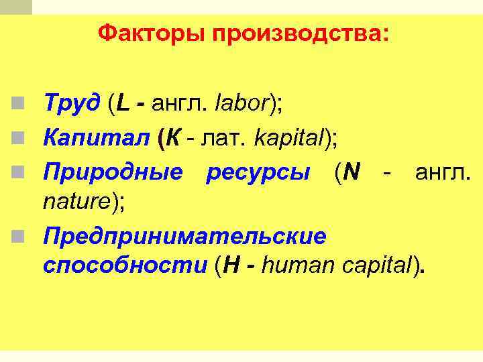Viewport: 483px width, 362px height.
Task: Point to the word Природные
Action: tap(113, 173)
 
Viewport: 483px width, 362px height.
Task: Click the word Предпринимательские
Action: tap(184, 237)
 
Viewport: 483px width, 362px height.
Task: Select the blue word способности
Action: tap(125, 265)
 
